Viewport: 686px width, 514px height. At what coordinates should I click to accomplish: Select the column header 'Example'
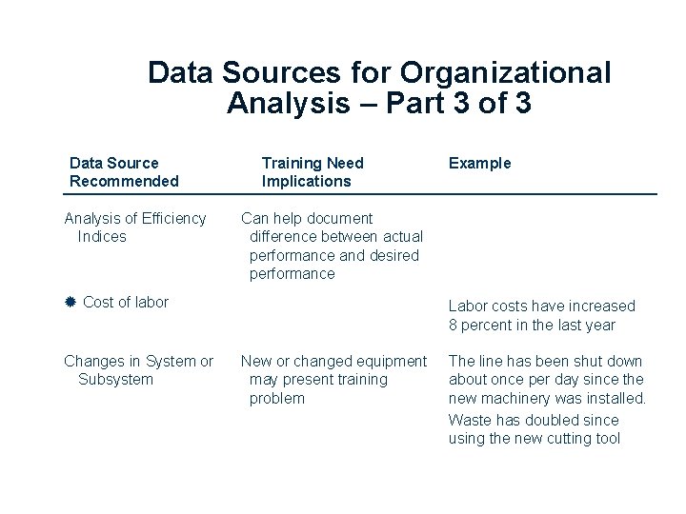pos(480,163)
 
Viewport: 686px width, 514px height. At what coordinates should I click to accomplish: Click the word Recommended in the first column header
pos(124,181)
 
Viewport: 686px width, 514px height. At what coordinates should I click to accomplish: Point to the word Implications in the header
pos(306,181)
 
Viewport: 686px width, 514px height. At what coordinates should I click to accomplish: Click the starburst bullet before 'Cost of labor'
pos(71,303)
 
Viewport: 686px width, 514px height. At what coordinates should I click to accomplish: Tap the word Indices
pos(102,236)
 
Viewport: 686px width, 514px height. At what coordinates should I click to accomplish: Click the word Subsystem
pos(115,379)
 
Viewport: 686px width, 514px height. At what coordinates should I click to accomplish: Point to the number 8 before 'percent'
pos(454,325)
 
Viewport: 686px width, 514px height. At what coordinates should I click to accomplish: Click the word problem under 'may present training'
pos(277,398)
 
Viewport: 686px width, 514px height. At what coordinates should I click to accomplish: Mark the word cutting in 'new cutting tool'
pos(563,438)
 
